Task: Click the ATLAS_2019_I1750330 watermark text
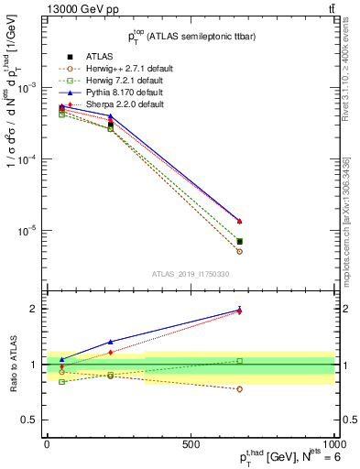[190, 274]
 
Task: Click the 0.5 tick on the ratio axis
[33, 420]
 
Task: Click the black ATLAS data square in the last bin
[239, 242]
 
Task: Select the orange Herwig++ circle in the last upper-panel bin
[239, 252]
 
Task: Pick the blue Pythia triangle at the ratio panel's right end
[239, 309]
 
